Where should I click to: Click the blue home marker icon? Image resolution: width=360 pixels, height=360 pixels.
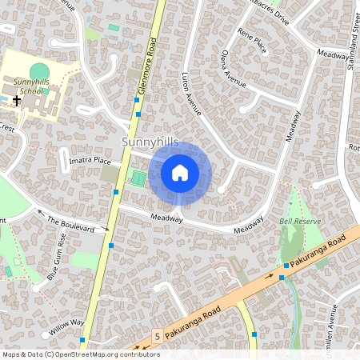pyautogui.click(x=180, y=172)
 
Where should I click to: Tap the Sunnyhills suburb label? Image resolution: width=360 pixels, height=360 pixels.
pyautogui.click(x=150, y=142)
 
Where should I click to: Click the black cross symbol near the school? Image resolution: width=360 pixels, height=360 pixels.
pyautogui.click(x=16, y=102)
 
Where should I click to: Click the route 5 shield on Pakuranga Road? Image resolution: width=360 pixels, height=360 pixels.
pyautogui.click(x=158, y=337)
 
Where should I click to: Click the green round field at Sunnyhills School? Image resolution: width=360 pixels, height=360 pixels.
pyautogui.click(x=39, y=71)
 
